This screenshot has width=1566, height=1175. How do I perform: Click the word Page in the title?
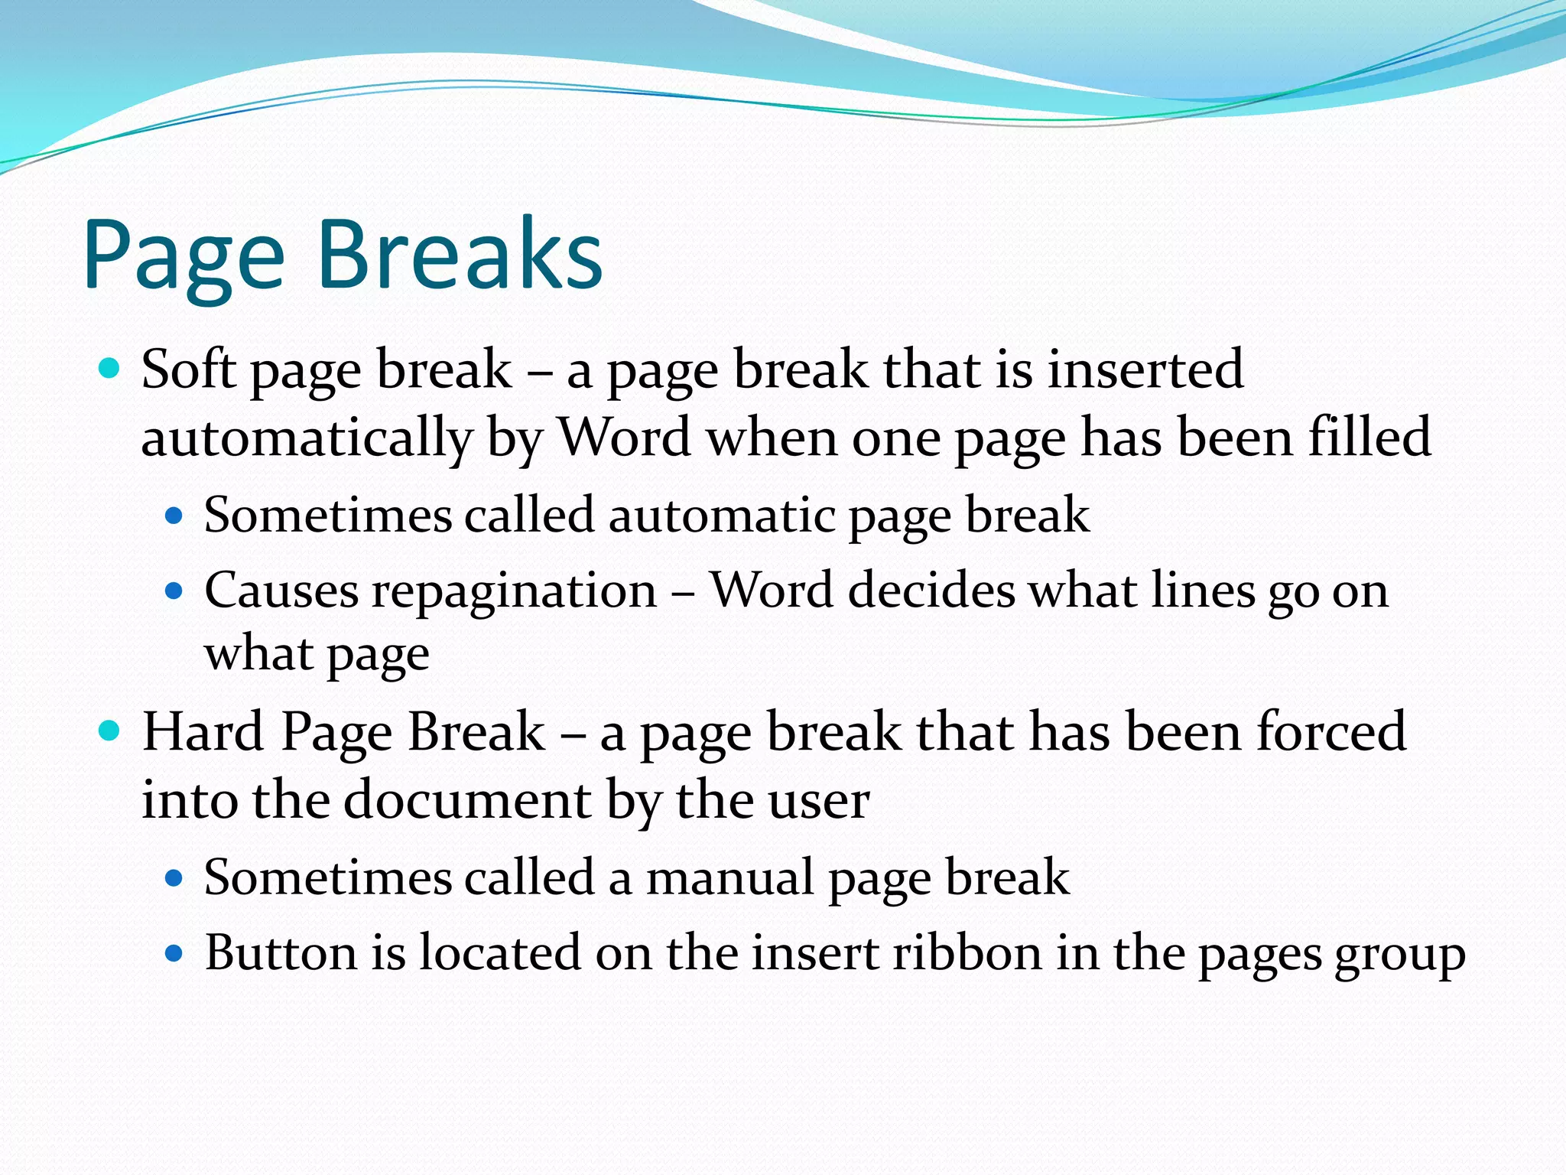tap(184, 256)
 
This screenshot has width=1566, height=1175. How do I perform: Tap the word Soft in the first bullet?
tap(188, 369)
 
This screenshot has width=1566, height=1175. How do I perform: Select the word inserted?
tap(1145, 369)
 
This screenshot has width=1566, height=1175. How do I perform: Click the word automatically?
tap(307, 439)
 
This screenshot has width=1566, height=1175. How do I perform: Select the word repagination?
tap(515, 592)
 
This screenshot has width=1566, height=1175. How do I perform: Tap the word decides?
tap(931, 591)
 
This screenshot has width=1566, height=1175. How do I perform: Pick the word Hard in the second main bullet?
tap(203, 732)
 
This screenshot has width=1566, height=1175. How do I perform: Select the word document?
tap(467, 801)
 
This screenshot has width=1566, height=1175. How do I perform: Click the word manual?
tap(730, 877)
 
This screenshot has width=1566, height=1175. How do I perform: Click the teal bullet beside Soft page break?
tap(110, 369)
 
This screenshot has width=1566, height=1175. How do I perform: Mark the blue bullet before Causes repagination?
tap(175, 591)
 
